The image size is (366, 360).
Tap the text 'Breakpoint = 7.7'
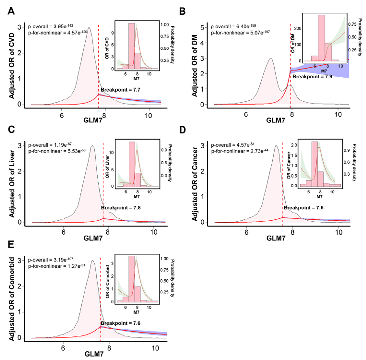[121, 90]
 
